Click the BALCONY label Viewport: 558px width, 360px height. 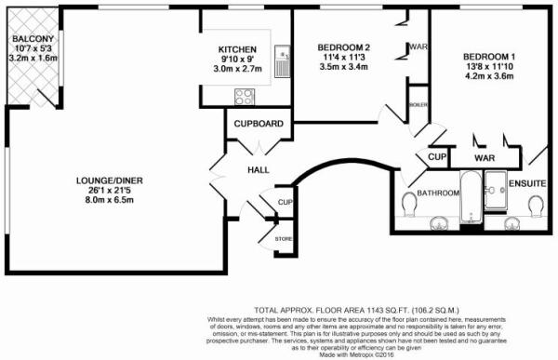coord(26,39)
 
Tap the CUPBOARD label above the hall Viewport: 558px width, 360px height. coord(258,124)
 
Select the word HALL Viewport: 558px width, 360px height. coord(257,171)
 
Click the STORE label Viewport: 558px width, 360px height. coord(283,239)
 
